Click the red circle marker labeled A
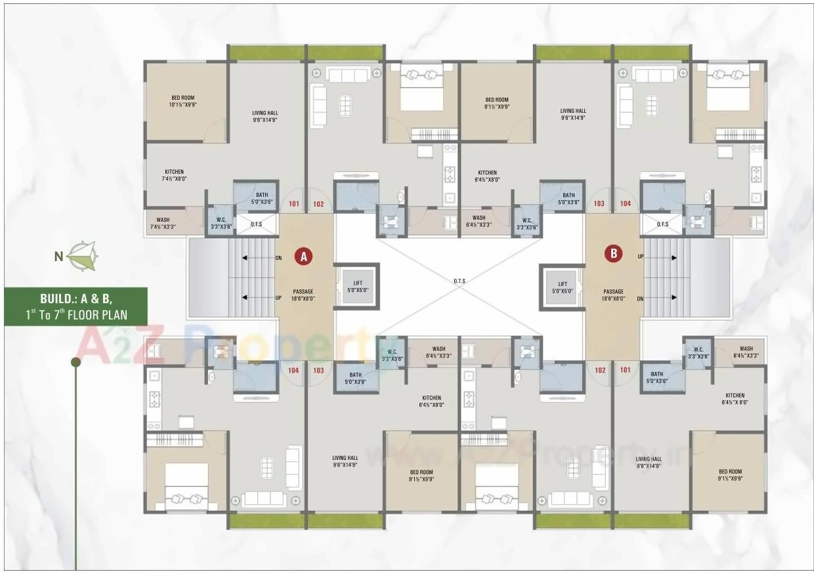tap(303, 256)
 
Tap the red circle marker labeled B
tap(614, 253)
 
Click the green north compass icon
tap(84, 256)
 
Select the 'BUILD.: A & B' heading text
tap(75, 299)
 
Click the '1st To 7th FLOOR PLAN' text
tap(75, 314)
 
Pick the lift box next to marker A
tap(357, 287)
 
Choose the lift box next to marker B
tap(562, 287)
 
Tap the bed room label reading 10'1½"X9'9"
tap(182, 102)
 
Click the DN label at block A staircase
tap(278, 258)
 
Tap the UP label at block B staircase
tap(640, 256)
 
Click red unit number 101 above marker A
tap(293, 204)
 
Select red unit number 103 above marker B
tap(599, 204)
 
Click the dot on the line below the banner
tap(75, 361)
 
